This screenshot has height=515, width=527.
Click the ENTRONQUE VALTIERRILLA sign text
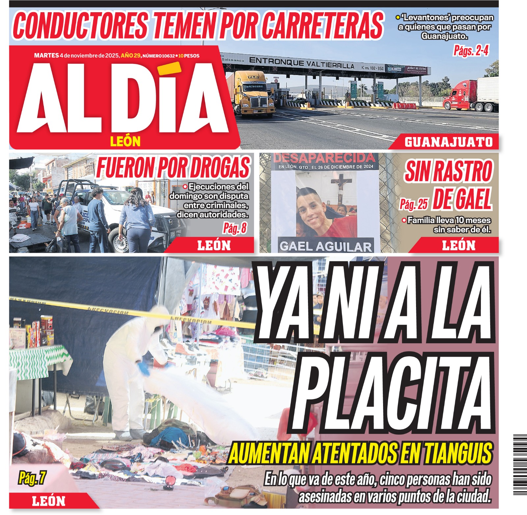(301, 63)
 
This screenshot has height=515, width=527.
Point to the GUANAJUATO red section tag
(448, 142)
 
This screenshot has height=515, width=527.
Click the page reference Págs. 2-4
(471, 51)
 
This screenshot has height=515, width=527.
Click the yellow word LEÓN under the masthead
(125, 142)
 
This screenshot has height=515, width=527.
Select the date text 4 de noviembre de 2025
(89, 56)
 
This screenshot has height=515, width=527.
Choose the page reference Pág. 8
(235, 228)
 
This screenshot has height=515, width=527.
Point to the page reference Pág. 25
(413, 204)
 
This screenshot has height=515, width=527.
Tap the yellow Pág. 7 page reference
(32, 478)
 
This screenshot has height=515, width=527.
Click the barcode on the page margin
(520, 465)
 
